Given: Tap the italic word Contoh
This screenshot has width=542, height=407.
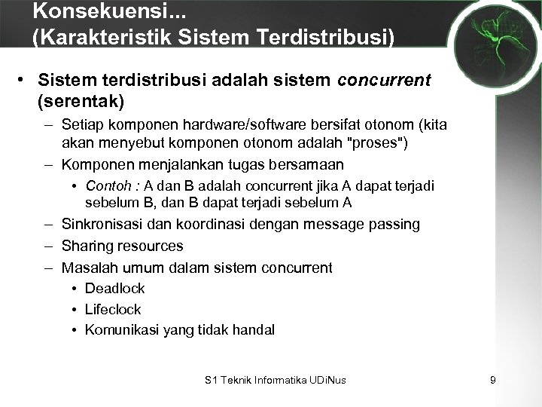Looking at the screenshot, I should coord(105,185).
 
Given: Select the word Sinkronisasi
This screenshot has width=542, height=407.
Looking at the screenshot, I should coord(102,225).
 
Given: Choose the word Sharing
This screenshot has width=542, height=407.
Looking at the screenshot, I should coord(86,246).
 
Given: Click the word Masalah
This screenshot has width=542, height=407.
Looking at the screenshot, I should coord(86,267).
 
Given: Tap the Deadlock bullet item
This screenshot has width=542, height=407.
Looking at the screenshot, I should coord(114,288).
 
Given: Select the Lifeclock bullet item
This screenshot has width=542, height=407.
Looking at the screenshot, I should coord(113,309).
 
